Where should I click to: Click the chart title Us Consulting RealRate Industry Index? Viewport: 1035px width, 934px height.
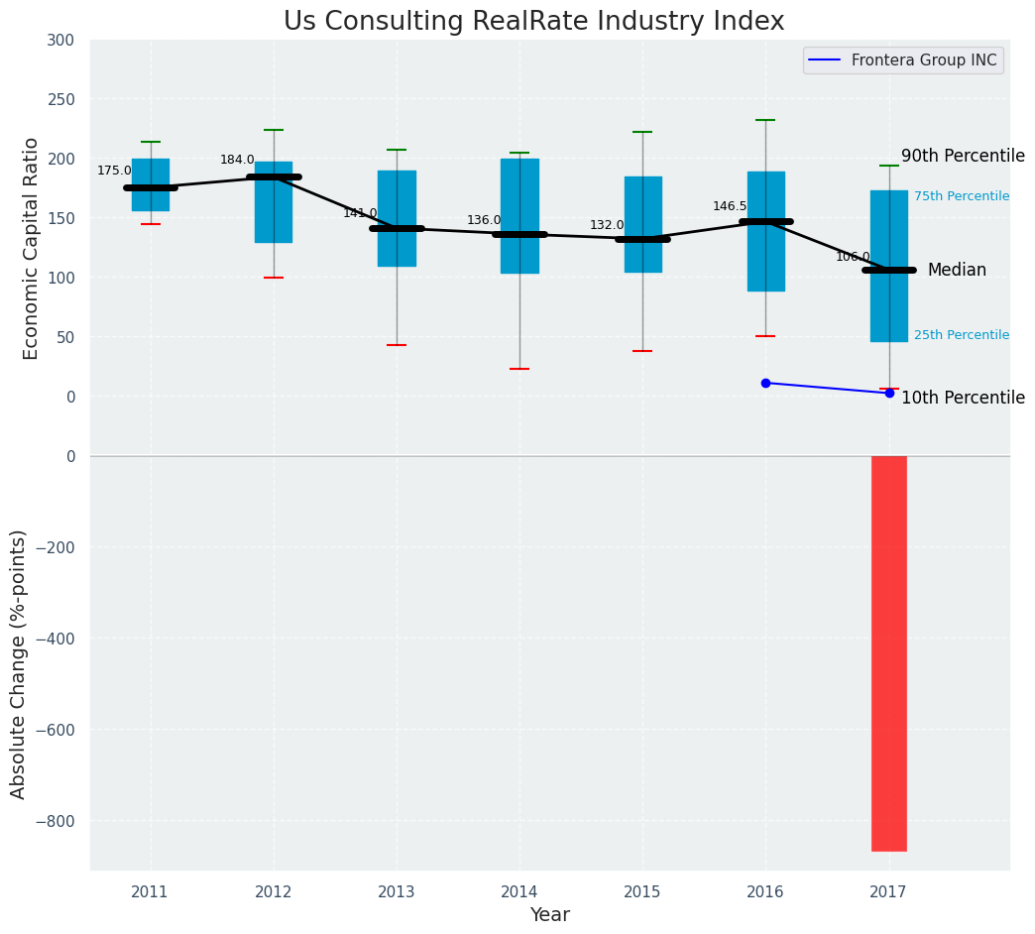[x=533, y=22]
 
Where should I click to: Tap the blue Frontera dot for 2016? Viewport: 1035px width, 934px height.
[x=765, y=383]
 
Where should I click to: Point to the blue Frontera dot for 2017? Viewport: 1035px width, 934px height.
[x=889, y=394]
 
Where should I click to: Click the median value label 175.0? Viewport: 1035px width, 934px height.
[x=114, y=171]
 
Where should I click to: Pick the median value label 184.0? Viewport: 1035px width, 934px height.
[x=237, y=160]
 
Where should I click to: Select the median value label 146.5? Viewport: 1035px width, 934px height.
[x=730, y=206]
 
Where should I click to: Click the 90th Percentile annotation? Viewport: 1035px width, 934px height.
[x=963, y=157]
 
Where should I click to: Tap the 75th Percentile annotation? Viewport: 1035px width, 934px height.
[x=961, y=196]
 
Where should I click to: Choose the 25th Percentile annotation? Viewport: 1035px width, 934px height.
[x=961, y=335]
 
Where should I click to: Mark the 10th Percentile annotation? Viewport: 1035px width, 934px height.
[x=963, y=399]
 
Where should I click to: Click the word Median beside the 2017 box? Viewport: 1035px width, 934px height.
[x=957, y=270]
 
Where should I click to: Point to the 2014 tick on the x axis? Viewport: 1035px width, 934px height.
[x=519, y=892]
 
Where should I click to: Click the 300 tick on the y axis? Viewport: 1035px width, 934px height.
[x=60, y=40]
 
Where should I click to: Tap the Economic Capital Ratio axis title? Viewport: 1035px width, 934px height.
[x=32, y=248]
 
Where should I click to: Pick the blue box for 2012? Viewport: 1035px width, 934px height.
[x=274, y=202]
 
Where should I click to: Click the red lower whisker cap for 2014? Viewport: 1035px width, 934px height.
[x=519, y=369]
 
